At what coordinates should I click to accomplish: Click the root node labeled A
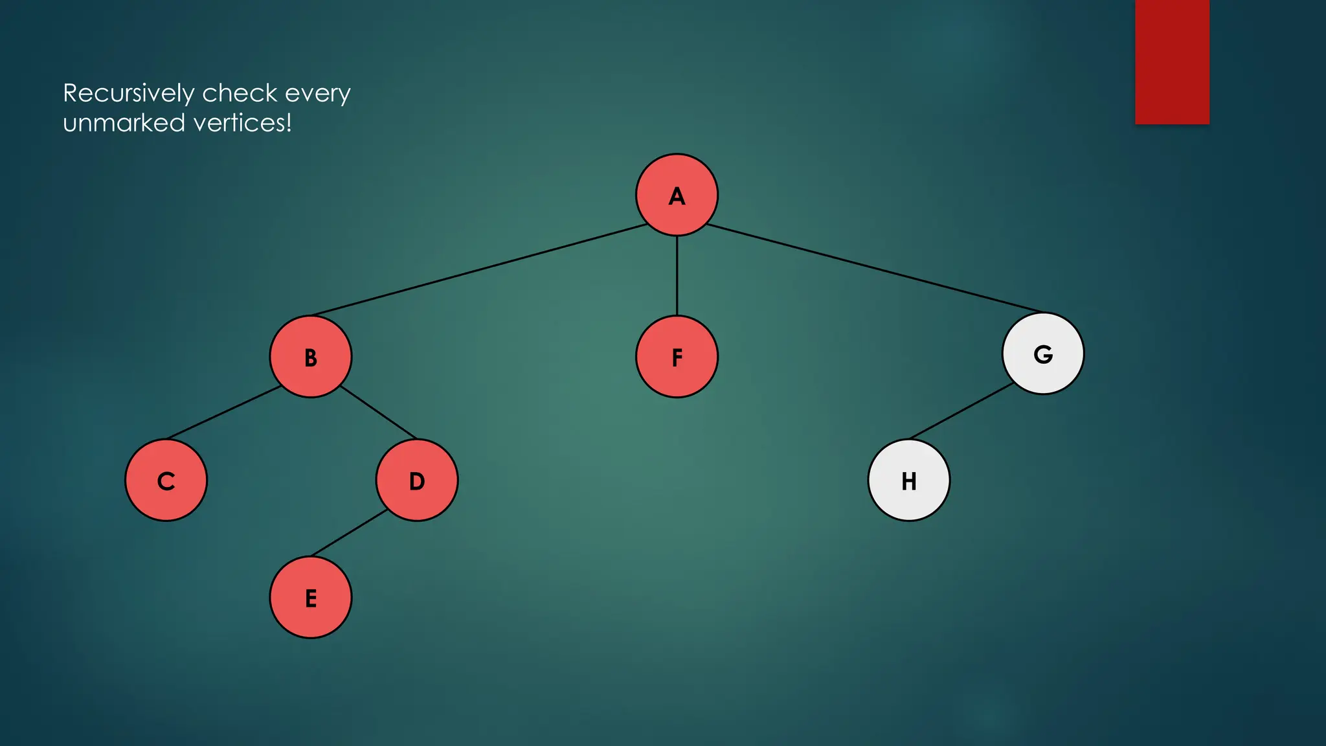(677, 195)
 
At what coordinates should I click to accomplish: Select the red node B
(311, 357)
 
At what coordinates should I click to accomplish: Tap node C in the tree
(166, 480)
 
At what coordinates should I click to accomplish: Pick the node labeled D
(417, 480)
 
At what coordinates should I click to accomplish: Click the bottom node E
(311, 598)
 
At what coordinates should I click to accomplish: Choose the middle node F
(677, 357)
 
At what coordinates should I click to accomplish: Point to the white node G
(1043, 354)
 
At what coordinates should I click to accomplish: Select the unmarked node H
(909, 480)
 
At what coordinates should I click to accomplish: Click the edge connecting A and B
(479, 270)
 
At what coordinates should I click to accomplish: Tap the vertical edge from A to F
(677, 276)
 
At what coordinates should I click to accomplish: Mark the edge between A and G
(874, 268)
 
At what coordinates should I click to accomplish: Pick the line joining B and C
(223, 413)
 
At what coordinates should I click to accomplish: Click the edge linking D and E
(350, 533)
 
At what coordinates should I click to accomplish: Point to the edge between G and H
(962, 411)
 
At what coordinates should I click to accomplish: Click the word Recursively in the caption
(128, 94)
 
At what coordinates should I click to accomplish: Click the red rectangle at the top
(1172, 62)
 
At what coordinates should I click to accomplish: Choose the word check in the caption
(240, 94)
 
